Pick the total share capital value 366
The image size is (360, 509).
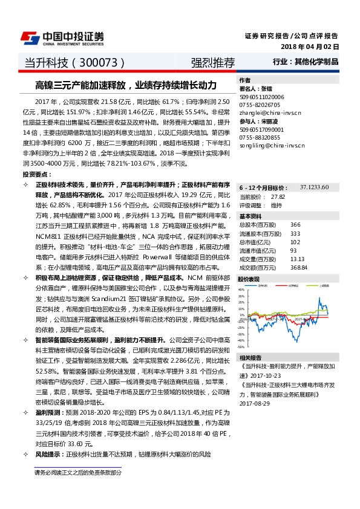[278, 225]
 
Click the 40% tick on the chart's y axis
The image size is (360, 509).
[242, 289]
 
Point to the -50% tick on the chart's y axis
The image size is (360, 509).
[241, 347]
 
